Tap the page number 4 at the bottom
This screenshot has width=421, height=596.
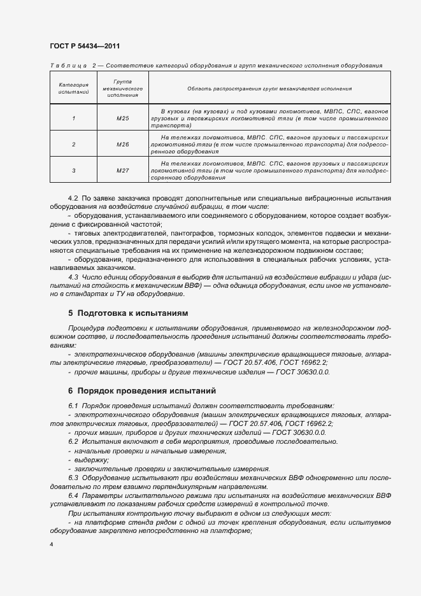point(51,545)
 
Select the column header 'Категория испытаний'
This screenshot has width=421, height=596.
point(73,89)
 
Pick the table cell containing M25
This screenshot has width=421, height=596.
point(123,118)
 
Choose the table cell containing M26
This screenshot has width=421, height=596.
point(123,145)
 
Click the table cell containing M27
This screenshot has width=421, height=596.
point(123,170)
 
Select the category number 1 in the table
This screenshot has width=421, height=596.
point(73,118)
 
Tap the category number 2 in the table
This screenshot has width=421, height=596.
point(73,145)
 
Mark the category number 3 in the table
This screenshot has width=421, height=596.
point(73,170)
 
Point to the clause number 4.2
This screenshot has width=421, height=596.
point(73,198)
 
